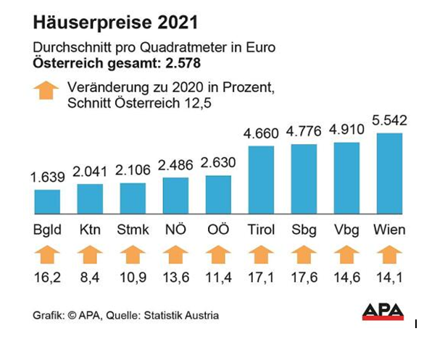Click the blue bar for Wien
click(389, 175)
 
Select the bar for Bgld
click(47, 203)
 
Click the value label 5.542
click(389, 121)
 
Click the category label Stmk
click(133, 230)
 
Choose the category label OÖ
click(218, 230)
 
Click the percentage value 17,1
click(261, 277)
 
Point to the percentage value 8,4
click(90, 277)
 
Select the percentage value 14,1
click(389, 277)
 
